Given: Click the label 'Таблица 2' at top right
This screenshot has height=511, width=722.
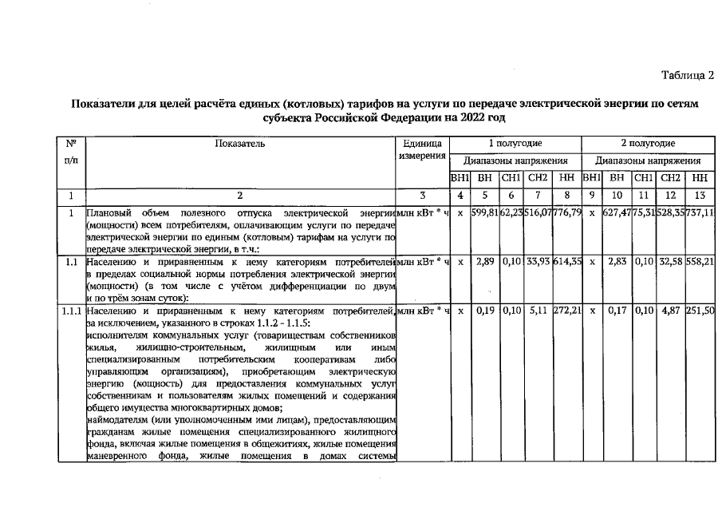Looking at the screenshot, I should (687, 75).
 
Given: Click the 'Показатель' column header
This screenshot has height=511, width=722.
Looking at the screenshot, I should (239, 144).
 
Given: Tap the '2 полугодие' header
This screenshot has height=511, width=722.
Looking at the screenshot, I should (648, 144).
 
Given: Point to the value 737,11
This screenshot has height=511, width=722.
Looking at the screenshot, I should (699, 214).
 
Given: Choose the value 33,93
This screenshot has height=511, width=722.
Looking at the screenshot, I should (539, 262).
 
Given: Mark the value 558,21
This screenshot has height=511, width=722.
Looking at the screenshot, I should (699, 262).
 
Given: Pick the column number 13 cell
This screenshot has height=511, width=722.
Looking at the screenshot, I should (699, 195).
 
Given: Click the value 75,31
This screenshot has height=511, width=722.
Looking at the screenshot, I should (644, 214).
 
